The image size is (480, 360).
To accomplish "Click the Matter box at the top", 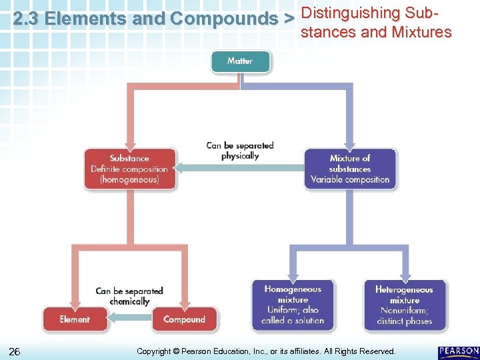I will pyautogui.click(x=240, y=61).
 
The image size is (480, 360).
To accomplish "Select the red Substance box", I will pyautogui.click(x=130, y=169).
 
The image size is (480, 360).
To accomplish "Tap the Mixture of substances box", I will pyautogui.click(x=350, y=169).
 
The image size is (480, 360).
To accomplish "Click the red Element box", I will pyautogui.click(x=75, y=319).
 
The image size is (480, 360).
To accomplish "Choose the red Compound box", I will pyautogui.click(x=185, y=319).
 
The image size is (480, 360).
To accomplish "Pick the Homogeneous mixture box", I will pyautogui.click(x=293, y=305).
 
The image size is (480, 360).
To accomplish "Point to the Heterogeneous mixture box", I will pyautogui.click(x=404, y=305).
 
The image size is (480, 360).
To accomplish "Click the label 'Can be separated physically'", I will pyautogui.click(x=240, y=150).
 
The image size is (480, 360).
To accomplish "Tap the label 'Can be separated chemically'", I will pyautogui.click(x=129, y=296).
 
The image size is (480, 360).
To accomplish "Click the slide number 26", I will pyautogui.click(x=15, y=351).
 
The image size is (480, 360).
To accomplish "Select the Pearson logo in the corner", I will pyautogui.click(x=458, y=351).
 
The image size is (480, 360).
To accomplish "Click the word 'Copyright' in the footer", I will pyautogui.click(x=154, y=351).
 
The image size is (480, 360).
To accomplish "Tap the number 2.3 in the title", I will pyautogui.click(x=25, y=19).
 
